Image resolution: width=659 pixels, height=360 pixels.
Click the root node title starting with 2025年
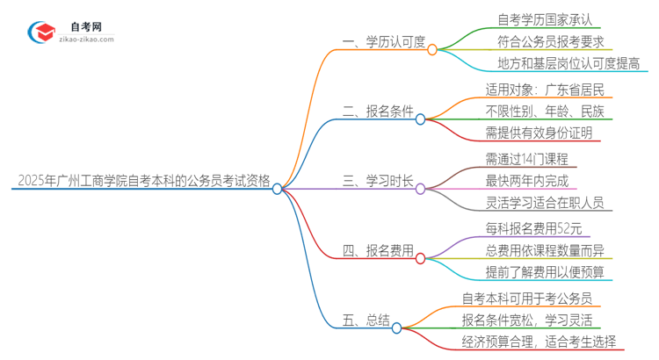pyautogui.click(x=143, y=181)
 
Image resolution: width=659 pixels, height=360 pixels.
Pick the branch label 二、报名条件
pyautogui.click(x=378, y=112)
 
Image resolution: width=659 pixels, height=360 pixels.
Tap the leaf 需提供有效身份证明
pyautogui.click(x=539, y=133)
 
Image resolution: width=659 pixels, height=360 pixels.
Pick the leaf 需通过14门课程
pyautogui.click(x=526, y=159)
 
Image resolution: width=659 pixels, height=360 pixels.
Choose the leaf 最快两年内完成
pyautogui.click(x=526, y=181)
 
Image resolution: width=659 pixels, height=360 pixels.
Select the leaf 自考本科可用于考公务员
pyautogui.click(x=526, y=298)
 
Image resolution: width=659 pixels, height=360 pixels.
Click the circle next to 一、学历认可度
pyautogui.click(x=432, y=50)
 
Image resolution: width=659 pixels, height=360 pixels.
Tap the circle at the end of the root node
pyautogui.click(x=278, y=188)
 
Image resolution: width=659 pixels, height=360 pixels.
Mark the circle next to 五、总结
pyautogui.click(x=396, y=328)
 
